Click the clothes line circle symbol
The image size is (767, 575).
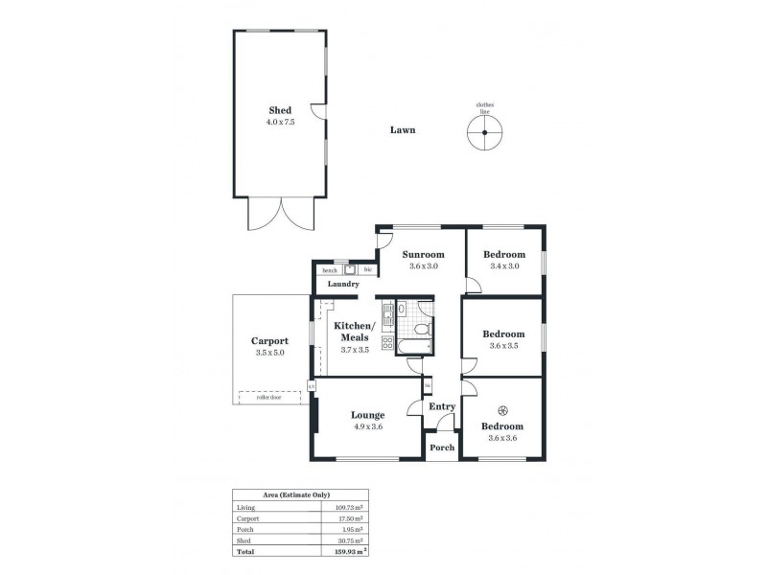pos(485,134)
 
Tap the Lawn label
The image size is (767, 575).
pos(402,130)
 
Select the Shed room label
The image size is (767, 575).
pos(280,111)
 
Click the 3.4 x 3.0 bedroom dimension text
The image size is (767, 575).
pos(503,266)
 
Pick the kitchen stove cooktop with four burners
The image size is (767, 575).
pos(387,342)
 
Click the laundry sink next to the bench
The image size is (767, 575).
pos(351,270)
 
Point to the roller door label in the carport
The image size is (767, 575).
pos(268,397)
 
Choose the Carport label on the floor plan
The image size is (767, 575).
pos(269,340)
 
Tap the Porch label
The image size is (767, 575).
pos(441,448)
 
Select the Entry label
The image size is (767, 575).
pos(441,407)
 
